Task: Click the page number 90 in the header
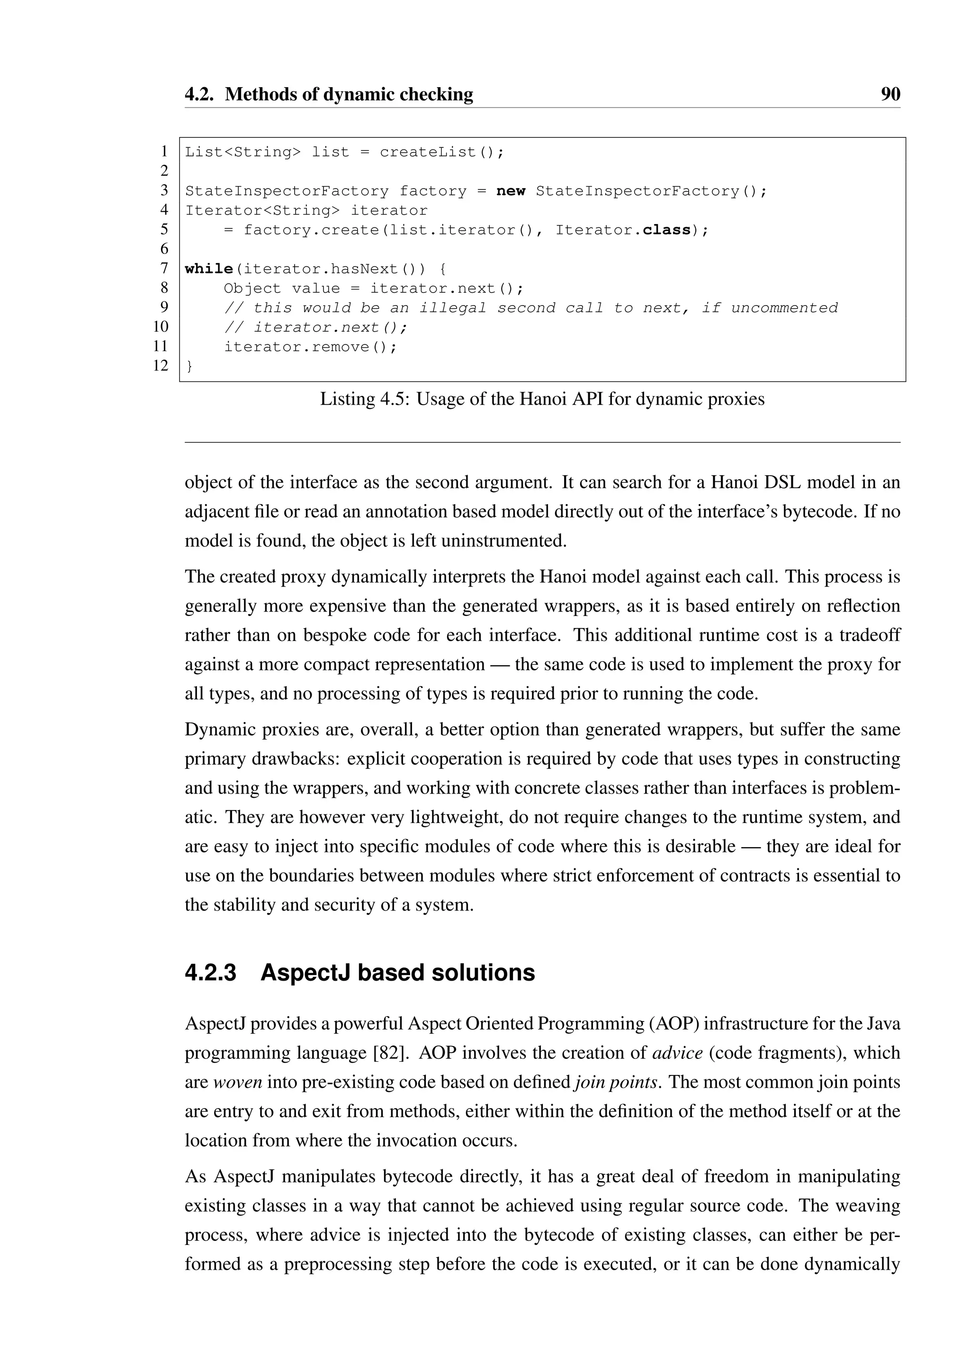pos(890,94)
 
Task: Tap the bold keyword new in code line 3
pos(511,191)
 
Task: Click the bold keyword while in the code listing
pos(208,269)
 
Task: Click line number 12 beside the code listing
pos(161,365)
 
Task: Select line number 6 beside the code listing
pos(164,249)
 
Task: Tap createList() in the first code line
pos(441,153)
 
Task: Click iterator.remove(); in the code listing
pos(310,347)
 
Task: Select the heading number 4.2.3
pos(210,973)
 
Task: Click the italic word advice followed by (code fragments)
pos(677,1053)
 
